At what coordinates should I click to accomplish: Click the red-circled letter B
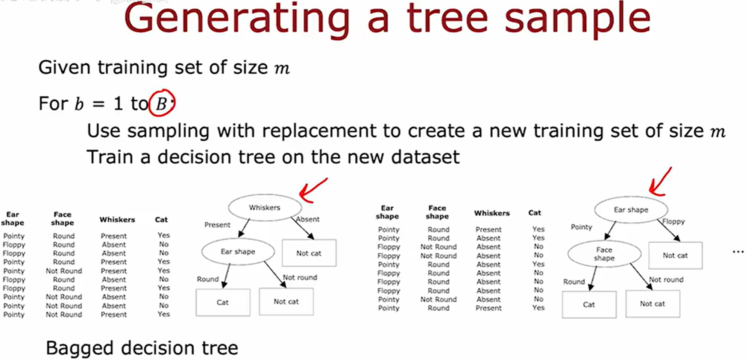161,103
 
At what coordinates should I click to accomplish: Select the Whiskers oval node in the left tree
265,208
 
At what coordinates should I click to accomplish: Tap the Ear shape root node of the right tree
631,210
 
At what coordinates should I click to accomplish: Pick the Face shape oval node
604,254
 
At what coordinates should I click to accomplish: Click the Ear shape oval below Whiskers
238,252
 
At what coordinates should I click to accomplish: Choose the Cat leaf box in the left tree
223,302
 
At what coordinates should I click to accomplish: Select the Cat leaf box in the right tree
589,305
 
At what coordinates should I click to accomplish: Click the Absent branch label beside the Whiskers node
308,219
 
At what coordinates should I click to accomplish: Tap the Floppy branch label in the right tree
674,222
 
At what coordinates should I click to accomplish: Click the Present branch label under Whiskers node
217,225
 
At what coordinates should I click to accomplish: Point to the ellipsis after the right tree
738,252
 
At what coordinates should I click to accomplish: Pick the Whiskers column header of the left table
117,220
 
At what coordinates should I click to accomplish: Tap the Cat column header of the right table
534,213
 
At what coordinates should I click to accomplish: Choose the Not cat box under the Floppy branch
675,256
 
